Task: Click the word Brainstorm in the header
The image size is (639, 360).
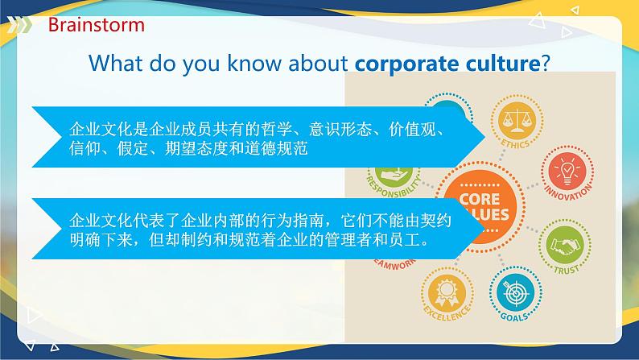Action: (x=96, y=24)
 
